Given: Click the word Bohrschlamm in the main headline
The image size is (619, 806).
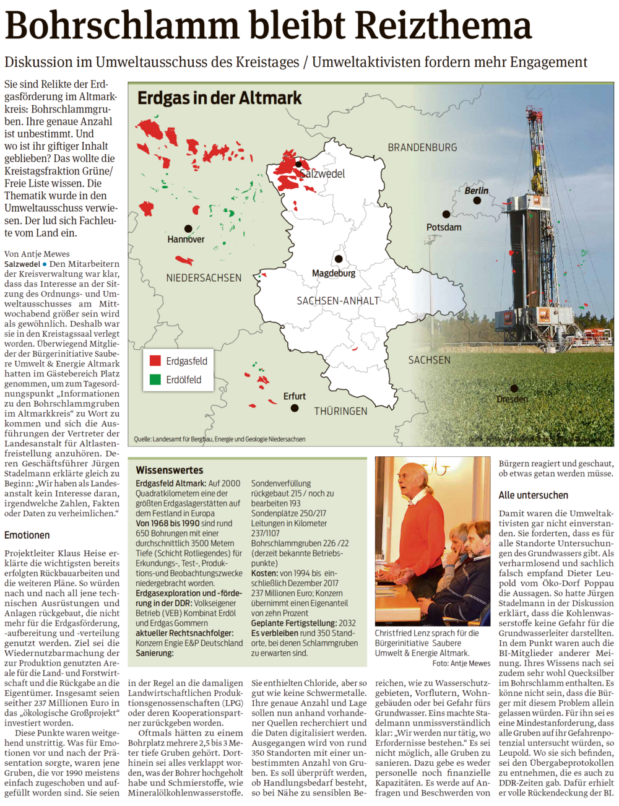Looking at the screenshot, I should [x=121, y=26].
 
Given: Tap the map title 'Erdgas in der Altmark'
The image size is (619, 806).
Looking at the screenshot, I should [x=219, y=98].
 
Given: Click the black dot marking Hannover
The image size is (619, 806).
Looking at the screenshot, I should [x=188, y=229].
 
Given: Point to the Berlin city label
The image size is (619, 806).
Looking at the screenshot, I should [x=477, y=191].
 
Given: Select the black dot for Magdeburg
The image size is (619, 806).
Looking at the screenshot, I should [x=338, y=259].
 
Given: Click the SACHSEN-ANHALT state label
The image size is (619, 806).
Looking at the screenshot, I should [x=338, y=301].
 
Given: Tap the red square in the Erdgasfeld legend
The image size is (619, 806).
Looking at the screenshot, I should [x=155, y=361].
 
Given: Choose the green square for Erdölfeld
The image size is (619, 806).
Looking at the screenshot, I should [x=155, y=379].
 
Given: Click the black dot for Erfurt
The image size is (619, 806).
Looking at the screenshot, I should [x=295, y=408].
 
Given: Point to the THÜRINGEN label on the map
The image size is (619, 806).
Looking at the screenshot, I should [x=340, y=411].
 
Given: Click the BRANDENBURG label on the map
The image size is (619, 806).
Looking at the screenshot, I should [x=422, y=147].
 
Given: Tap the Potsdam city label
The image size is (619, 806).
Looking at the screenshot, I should [x=444, y=227].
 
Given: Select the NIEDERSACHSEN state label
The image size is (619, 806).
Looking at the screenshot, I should [x=204, y=278].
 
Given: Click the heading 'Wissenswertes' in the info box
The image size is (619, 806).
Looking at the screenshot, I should [x=170, y=470].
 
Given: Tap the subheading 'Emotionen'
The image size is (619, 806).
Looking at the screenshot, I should [x=27, y=535].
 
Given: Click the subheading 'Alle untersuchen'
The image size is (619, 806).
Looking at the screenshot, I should [x=533, y=495].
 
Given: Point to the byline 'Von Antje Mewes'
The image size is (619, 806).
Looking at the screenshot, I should [x=37, y=254].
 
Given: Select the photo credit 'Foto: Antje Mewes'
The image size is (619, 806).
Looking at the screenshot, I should [x=461, y=663].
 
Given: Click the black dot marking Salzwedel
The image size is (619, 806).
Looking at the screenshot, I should [x=298, y=164].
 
